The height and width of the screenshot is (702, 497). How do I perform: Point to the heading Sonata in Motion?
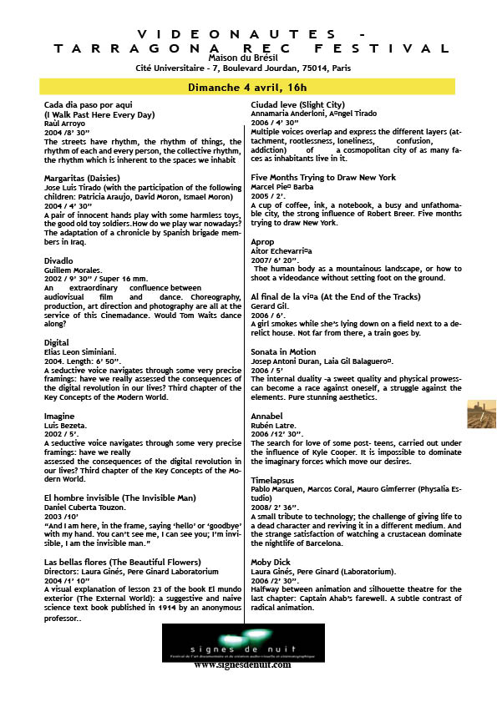point(283,351)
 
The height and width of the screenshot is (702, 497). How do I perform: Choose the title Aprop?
point(262,241)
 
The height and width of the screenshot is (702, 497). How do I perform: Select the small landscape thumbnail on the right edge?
point(482,415)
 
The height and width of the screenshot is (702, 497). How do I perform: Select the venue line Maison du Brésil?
point(248,57)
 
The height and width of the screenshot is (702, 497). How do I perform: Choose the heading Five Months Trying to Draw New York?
point(323,178)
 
